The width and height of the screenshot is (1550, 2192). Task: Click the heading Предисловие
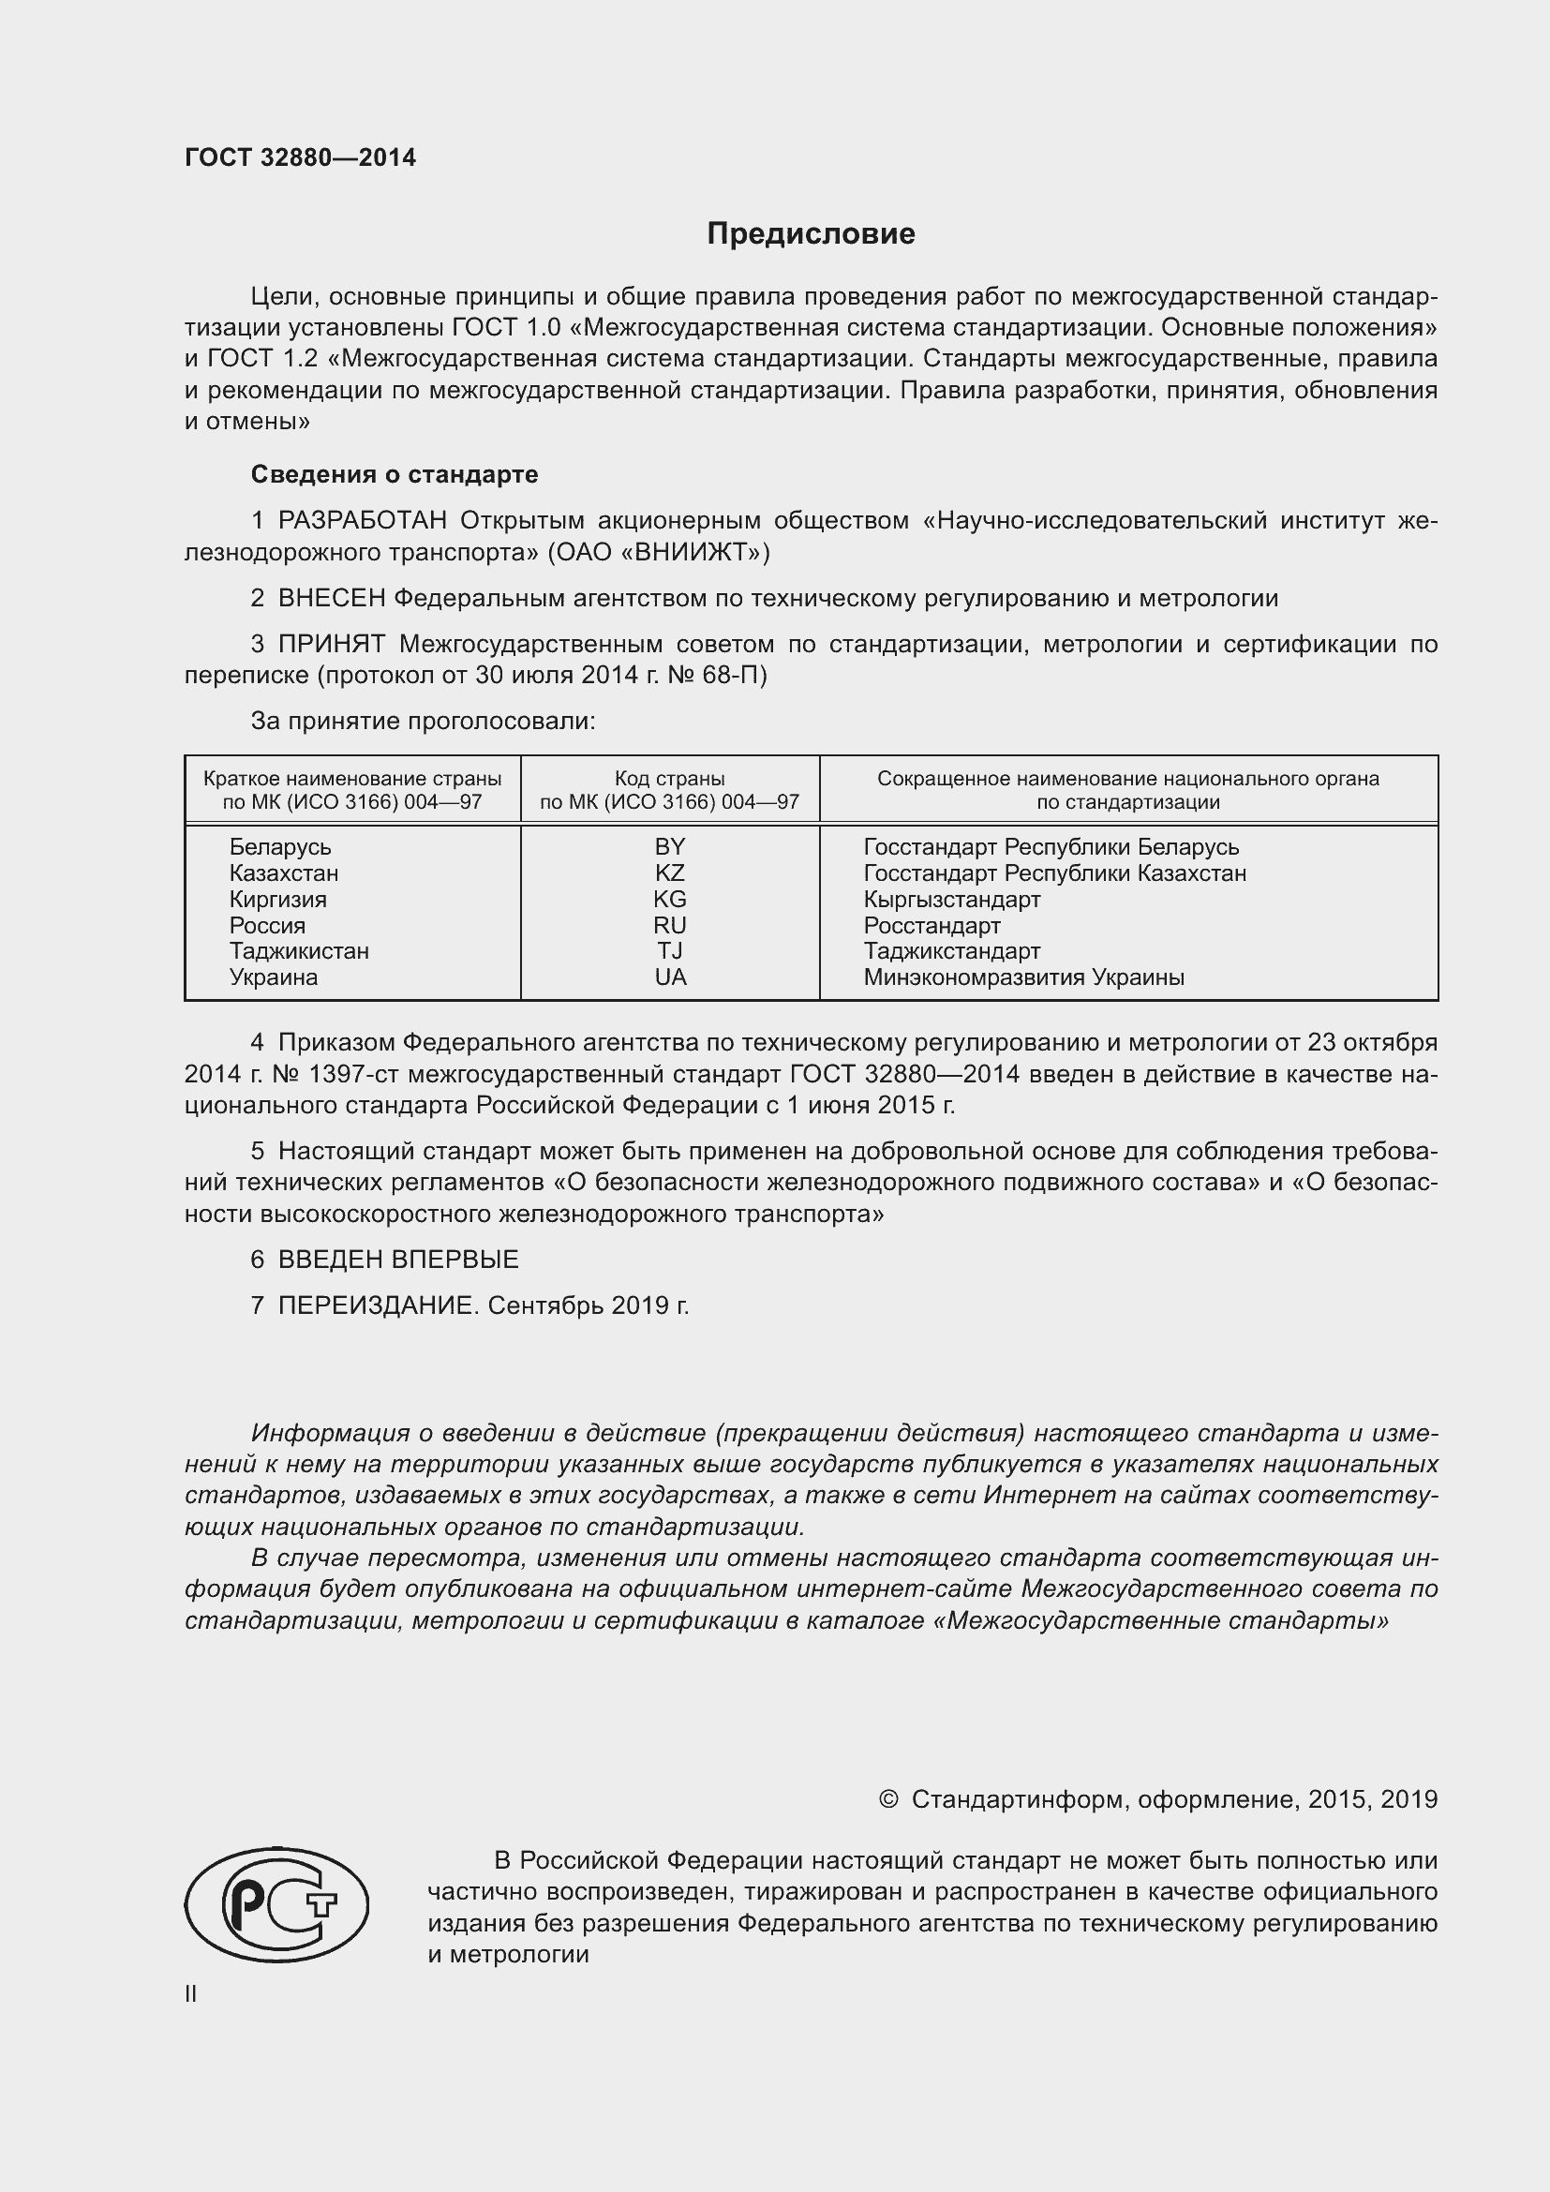coord(811,234)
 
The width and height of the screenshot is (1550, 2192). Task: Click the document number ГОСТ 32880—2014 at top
coord(301,158)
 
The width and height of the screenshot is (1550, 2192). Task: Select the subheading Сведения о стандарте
coord(395,474)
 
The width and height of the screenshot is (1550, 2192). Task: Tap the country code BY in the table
coord(670,847)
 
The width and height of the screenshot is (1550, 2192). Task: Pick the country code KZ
coord(670,872)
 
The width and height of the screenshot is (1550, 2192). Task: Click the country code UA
coord(670,977)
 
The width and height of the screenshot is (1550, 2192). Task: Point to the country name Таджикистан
coord(299,951)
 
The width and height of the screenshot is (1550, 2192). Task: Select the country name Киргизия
coord(277,900)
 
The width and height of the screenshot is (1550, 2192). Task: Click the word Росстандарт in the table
coord(931,925)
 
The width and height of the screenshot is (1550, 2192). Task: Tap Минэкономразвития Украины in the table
coord(1024,977)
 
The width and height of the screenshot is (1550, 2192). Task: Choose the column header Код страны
coord(669,778)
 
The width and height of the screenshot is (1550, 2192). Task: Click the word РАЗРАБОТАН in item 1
coord(363,520)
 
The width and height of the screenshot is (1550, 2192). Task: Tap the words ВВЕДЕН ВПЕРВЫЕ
coord(398,1260)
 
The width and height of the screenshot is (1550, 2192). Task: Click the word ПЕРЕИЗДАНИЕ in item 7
coord(376,1305)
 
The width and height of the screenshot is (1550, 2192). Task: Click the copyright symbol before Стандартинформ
coord(887,1799)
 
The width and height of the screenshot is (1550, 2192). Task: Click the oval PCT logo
coord(276,1904)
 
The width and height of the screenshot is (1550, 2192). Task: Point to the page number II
coord(191,1993)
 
